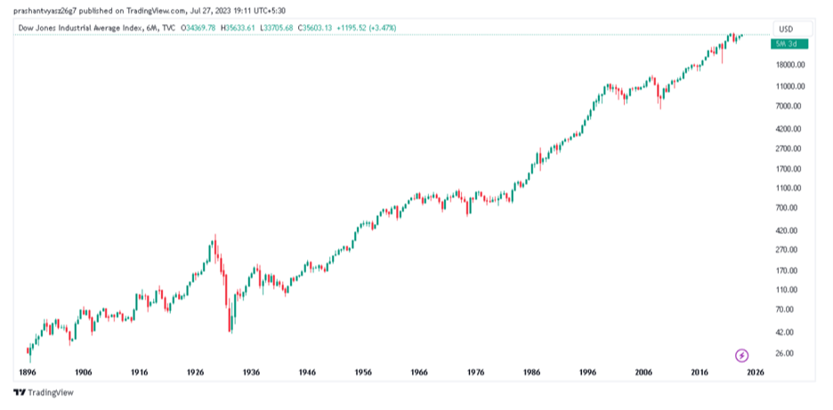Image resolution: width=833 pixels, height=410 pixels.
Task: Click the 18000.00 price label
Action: pos(790,65)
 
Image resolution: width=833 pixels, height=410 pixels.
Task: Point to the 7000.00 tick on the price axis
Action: pos(790,106)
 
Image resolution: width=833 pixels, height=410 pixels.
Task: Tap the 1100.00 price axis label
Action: pos(790,189)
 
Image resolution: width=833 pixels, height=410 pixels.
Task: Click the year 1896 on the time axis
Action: pos(28,372)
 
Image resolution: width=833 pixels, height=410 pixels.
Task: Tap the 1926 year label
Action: pos(195,372)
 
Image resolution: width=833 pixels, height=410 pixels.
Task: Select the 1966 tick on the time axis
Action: pos(419,372)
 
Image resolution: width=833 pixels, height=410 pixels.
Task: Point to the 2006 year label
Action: pos(643,372)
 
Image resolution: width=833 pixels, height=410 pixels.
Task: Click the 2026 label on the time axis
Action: pos(756,372)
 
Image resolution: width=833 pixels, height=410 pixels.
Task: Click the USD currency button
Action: pos(785,28)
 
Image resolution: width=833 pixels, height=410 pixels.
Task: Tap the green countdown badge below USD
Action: pos(789,43)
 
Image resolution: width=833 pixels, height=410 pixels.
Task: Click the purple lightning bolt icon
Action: pos(742,356)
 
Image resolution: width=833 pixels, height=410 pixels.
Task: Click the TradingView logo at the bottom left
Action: pos(44,392)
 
